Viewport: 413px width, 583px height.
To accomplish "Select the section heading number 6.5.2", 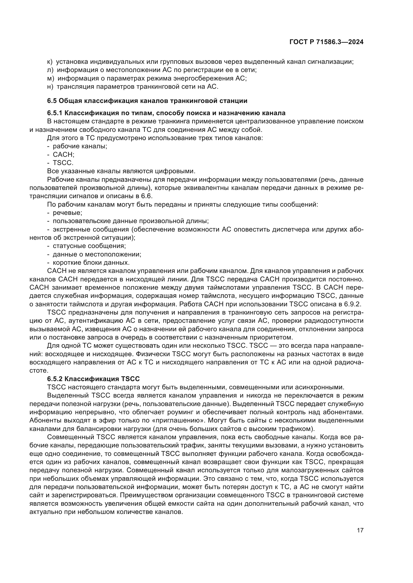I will click(55, 379).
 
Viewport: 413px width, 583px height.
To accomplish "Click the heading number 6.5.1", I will click(55, 113).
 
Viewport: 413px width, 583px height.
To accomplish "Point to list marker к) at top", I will click(50, 62).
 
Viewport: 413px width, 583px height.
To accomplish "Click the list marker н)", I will click(50, 86).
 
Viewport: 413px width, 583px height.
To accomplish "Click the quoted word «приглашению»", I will click(179, 420).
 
